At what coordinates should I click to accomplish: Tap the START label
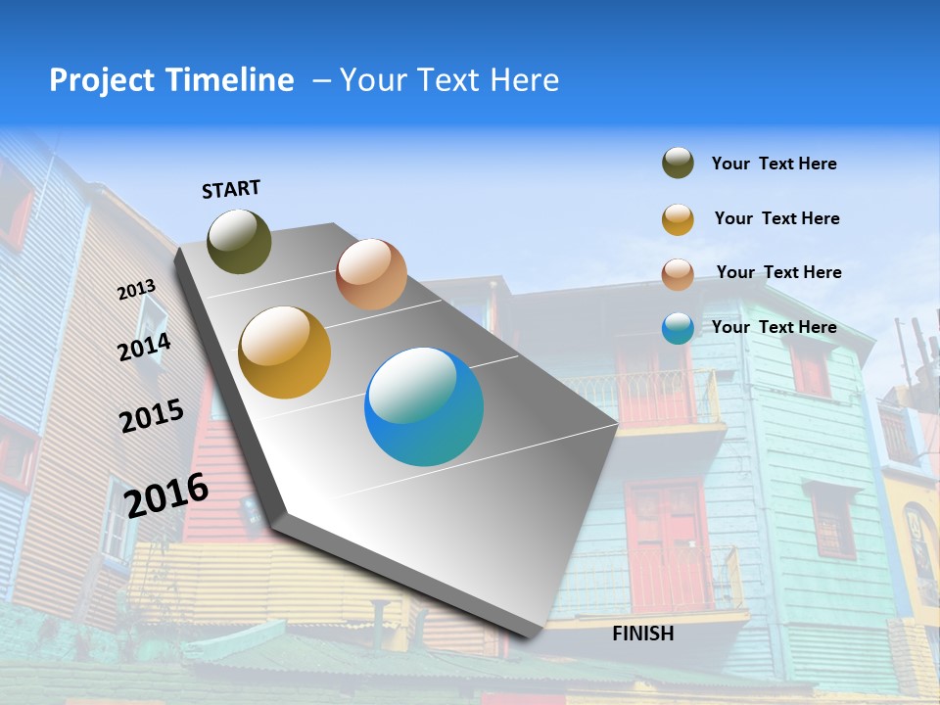pyautogui.click(x=231, y=189)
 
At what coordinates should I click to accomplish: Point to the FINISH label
pyautogui.click(x=643, y=634)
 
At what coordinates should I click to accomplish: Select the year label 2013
pyautogui.click(x=137, y=290)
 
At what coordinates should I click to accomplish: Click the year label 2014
pyautogui.click(x=145, y=347)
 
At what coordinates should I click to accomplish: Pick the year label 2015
pyautogui.click(x=152, y=416)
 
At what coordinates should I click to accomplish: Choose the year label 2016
pyautogui.click(x=166, y=494)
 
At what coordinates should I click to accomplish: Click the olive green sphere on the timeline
pyautogui.click(x=240, y=241)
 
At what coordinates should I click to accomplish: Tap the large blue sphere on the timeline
pyautogui.click(x=424, y=406)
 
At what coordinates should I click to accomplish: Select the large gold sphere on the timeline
pyautogui.click(x=285, y=352)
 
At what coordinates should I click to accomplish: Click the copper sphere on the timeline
pyautogui.click(x=371, y=274)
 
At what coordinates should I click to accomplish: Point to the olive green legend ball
pyautogui.click(x=678, y=164)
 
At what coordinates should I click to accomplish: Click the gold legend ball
pyautogui.click(x=678, y=219)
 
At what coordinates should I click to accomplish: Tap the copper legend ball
pyautogui.click(x=678, y=274)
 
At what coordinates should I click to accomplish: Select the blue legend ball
pyautogui.click(x=678, y=328)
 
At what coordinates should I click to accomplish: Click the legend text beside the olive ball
pyautogui.click(x=775, y=164)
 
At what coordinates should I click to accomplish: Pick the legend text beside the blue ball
pyautogui.click(x=775, y=327)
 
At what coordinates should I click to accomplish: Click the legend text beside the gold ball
pyautogui.click(x=777, y=218)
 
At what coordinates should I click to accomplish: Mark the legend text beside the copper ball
pyautogui.click(x=779, y=272)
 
